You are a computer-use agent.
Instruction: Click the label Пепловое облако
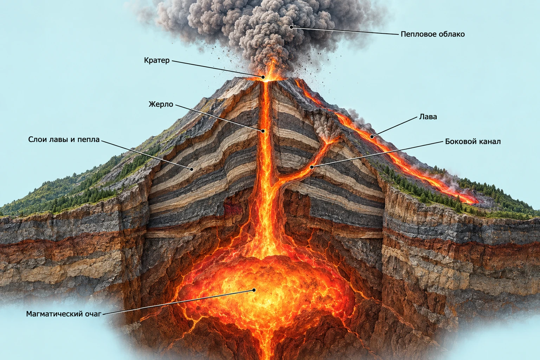click(x=432, y=34)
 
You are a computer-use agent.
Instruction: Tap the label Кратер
click(x=157, y=60)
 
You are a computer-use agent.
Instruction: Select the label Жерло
click(x=161, y=104)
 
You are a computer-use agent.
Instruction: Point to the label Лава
click(x=428, y=117)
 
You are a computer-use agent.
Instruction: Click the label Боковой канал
click(x=473, y=141)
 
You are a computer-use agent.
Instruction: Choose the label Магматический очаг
click(x=64, y=314)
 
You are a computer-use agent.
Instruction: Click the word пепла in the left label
click(x=88, y=140)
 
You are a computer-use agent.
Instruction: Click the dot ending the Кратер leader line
click(x=263, y=77)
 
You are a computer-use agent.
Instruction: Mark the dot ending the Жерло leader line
click(x=263, y=131)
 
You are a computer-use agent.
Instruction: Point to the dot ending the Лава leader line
click(x=372, y=137)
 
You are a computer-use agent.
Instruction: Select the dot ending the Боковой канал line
click(x=312, y=167)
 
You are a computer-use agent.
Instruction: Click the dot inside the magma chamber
click(x=254, y=290)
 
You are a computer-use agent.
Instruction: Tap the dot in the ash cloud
click(x=291, y=27)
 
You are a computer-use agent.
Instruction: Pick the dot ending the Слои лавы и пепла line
click(x=192, y=169)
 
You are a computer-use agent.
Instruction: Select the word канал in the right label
click(x=489, y=141)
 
